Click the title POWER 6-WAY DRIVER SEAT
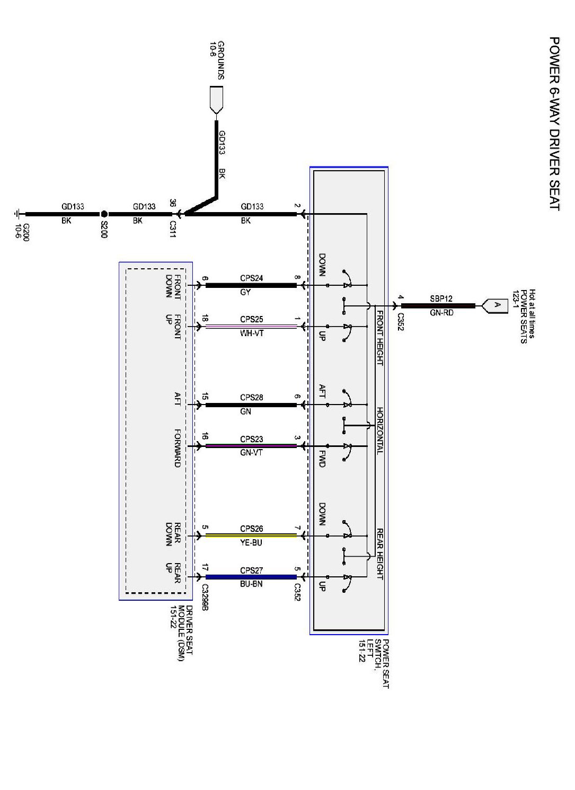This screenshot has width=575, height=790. tap(554, 124)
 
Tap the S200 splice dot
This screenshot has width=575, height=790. tap(104, 214)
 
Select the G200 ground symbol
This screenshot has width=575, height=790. tap(18, 214)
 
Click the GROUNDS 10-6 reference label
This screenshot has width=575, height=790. tap(217, 60)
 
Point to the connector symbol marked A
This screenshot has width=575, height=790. tap(496, 305)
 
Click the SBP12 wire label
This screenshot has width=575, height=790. tap(441, 299)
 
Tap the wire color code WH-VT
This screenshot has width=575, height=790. tap(251, 333)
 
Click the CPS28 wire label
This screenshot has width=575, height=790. tap(251, 398)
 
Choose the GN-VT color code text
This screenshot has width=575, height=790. tap(251, 453)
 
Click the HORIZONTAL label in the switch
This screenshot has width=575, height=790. tap(380, 431)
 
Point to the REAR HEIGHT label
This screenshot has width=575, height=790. tap(380, 554)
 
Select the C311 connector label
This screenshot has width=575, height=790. tap(172, 229)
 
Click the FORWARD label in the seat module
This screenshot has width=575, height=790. tap(178, 448)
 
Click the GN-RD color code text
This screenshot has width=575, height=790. tap(441, 313)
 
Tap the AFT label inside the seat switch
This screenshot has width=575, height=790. tap(322, 391)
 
